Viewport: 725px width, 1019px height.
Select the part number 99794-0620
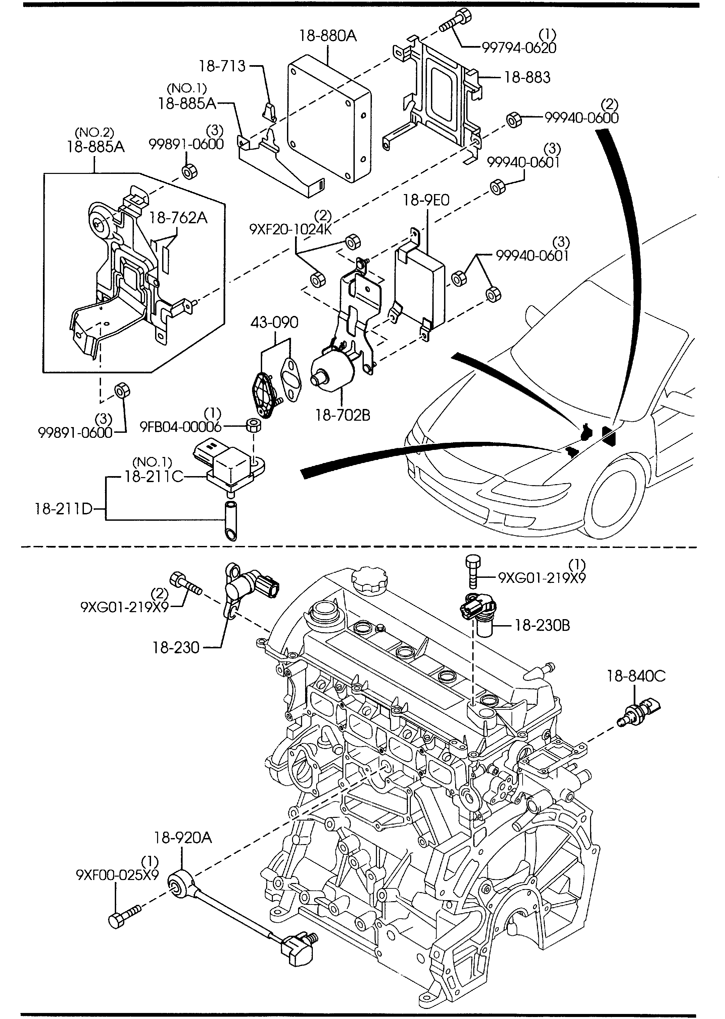click(x=519, y=48)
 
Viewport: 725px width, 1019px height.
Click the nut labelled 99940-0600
click(x=514, y=120)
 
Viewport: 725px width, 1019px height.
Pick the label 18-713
click(x=222, y=66)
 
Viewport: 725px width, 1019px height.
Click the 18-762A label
click(x=178, y=218)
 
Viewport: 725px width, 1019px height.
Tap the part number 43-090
click(x=274, y=322)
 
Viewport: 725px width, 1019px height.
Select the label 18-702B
click(x=343, y=415)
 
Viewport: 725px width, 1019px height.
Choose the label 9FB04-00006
click(x=181, y=427)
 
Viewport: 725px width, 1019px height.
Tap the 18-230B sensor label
click(x=542, y=625)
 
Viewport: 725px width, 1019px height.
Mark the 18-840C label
click(x=636, y=676)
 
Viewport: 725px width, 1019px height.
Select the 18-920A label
click(x=183, y=838)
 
